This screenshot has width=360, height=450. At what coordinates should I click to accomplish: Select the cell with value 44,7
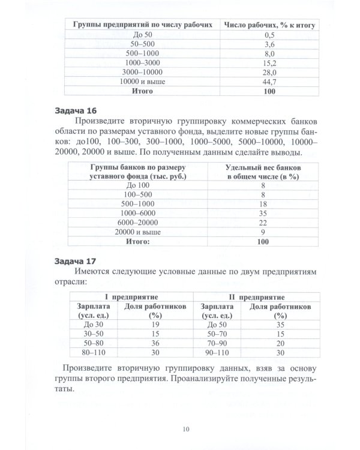(270, 82)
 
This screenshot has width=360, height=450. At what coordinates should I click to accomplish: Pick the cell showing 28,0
(270, 72)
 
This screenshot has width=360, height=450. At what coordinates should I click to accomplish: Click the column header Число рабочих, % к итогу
(270, 25)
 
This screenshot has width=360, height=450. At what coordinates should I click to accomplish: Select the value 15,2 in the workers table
(270, 63)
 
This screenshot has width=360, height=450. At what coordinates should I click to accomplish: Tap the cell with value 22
(263, 223)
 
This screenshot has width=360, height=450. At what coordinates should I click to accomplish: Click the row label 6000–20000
(138, 223)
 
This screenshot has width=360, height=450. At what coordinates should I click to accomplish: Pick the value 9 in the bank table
(263, 232)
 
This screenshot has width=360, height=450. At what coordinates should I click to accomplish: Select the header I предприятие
(132, 297)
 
